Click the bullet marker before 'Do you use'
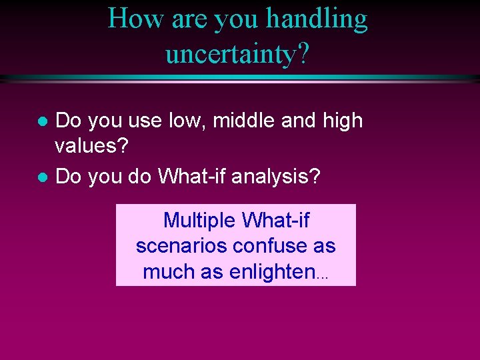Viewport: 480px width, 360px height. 41,122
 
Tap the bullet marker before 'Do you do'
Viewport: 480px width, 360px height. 41,177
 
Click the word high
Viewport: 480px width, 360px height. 343,121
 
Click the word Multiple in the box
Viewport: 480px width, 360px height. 200,220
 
